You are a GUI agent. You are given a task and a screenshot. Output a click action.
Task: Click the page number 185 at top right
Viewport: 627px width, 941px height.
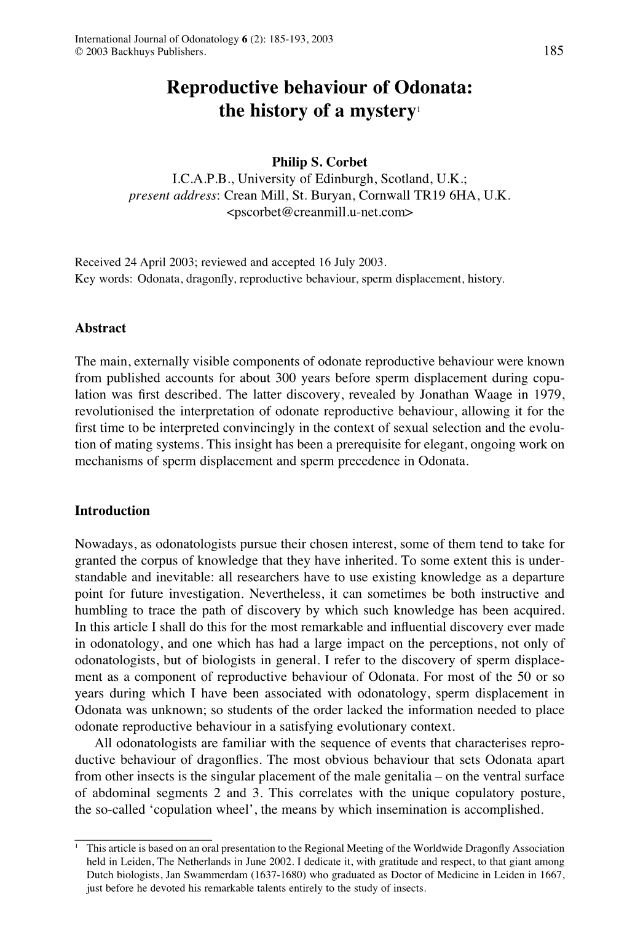553,52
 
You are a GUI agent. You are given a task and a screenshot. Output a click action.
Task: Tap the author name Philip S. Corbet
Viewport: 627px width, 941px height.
319,162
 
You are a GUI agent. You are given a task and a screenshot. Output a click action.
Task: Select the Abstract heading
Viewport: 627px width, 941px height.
100,328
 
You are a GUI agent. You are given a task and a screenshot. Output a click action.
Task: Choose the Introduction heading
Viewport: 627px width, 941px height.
112,510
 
